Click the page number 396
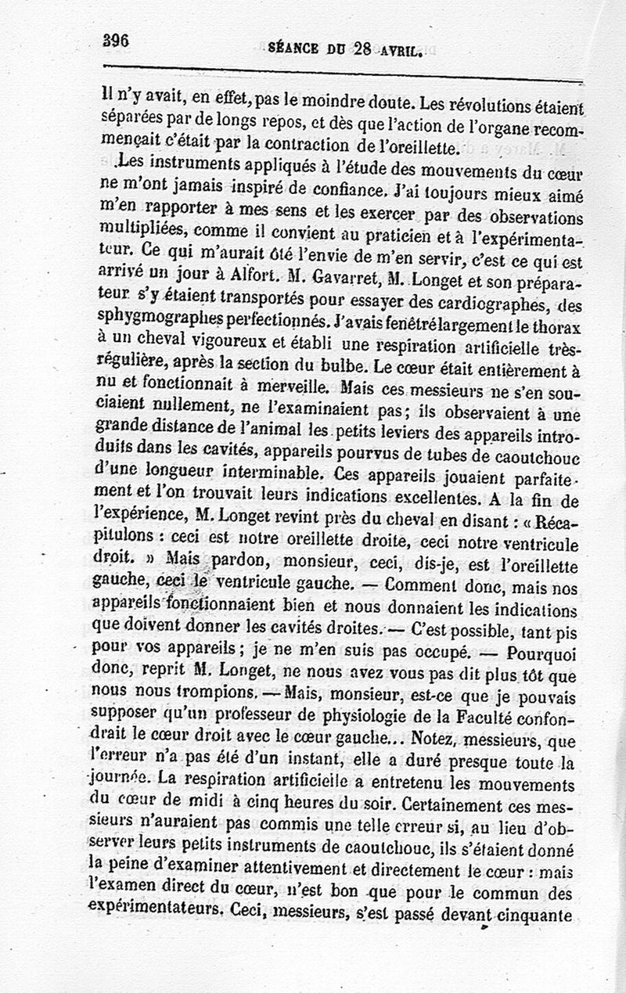click(x=115, y=40)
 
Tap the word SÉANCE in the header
click(x=293, y=49)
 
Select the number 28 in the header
click(x=362, y=49)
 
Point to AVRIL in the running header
click(x=398, y=51)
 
